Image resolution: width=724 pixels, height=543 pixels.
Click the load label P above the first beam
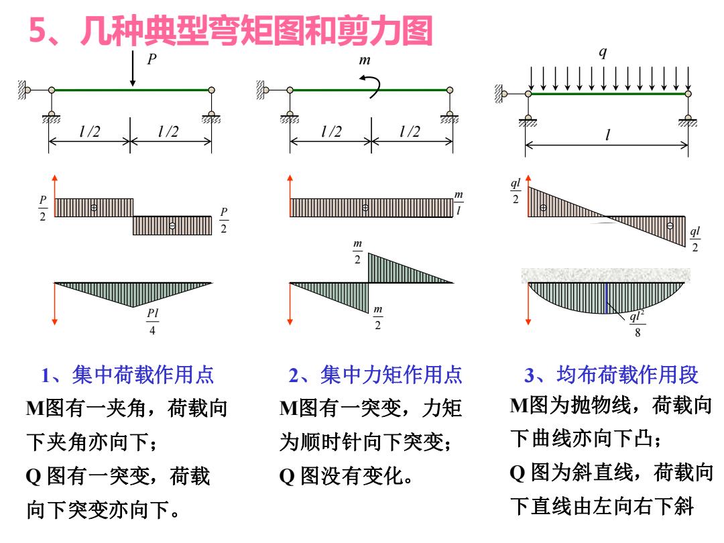152,58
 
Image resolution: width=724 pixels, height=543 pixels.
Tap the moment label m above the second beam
365,60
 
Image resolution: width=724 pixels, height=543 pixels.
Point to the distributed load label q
603,52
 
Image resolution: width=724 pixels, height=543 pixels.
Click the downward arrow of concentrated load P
133,68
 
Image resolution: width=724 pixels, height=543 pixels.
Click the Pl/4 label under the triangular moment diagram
152,321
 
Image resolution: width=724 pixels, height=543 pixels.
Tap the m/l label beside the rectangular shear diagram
459,202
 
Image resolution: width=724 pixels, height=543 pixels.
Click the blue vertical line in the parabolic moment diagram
606,298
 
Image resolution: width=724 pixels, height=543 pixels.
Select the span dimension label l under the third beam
607,135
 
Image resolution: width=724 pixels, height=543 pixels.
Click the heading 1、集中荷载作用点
127,375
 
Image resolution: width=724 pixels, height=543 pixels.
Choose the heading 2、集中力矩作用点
375,375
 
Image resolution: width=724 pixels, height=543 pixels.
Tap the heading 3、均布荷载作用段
611,375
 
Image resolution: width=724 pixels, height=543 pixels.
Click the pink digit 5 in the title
38,31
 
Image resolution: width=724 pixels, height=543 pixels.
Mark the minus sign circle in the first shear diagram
172,226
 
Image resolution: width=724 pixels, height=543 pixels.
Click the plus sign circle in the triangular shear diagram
544,208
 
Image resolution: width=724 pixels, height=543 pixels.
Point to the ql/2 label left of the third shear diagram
516,191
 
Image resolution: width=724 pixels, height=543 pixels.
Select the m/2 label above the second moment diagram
358,251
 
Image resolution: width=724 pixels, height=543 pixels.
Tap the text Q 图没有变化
346,476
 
